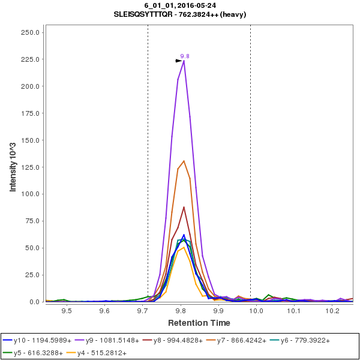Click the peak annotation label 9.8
click(x=185, y=56)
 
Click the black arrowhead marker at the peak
click(x=178, y=61)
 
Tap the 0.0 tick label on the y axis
click(x=35, y=302)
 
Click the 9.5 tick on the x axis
click(x=67, y=311)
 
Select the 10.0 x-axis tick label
click(x=257, y=311)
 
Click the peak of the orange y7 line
click(x=184, y=161)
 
